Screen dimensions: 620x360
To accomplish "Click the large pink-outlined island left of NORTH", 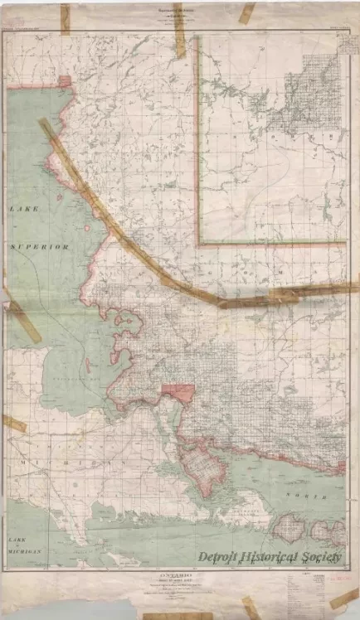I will point(200,467).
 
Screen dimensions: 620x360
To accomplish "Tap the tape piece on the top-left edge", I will point(65,18).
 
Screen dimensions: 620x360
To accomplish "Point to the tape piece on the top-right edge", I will point(247,13).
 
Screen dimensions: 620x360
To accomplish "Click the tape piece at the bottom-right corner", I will point(343,598).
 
